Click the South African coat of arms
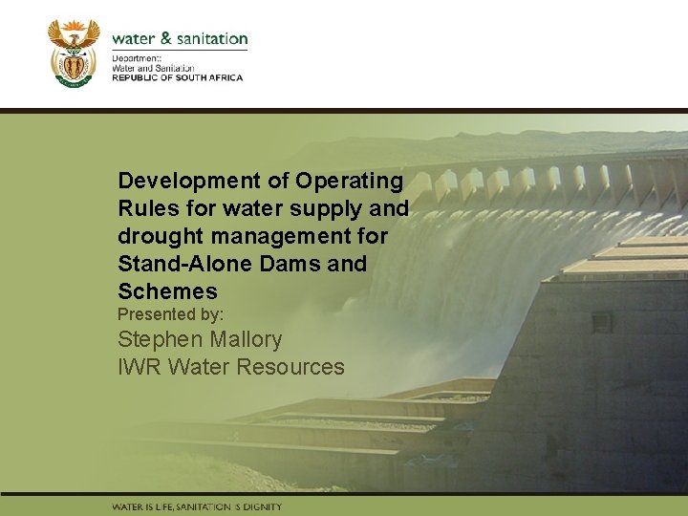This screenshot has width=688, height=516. [74, 54]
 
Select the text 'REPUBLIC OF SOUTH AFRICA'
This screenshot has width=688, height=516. [178, 77]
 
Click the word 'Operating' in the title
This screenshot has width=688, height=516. [350, 181]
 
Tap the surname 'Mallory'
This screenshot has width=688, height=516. [245, 339]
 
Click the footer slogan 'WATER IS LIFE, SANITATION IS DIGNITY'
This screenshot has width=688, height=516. [197, 506]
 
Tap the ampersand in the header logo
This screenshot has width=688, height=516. [166, 39]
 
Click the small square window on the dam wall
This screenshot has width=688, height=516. [601, 323]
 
